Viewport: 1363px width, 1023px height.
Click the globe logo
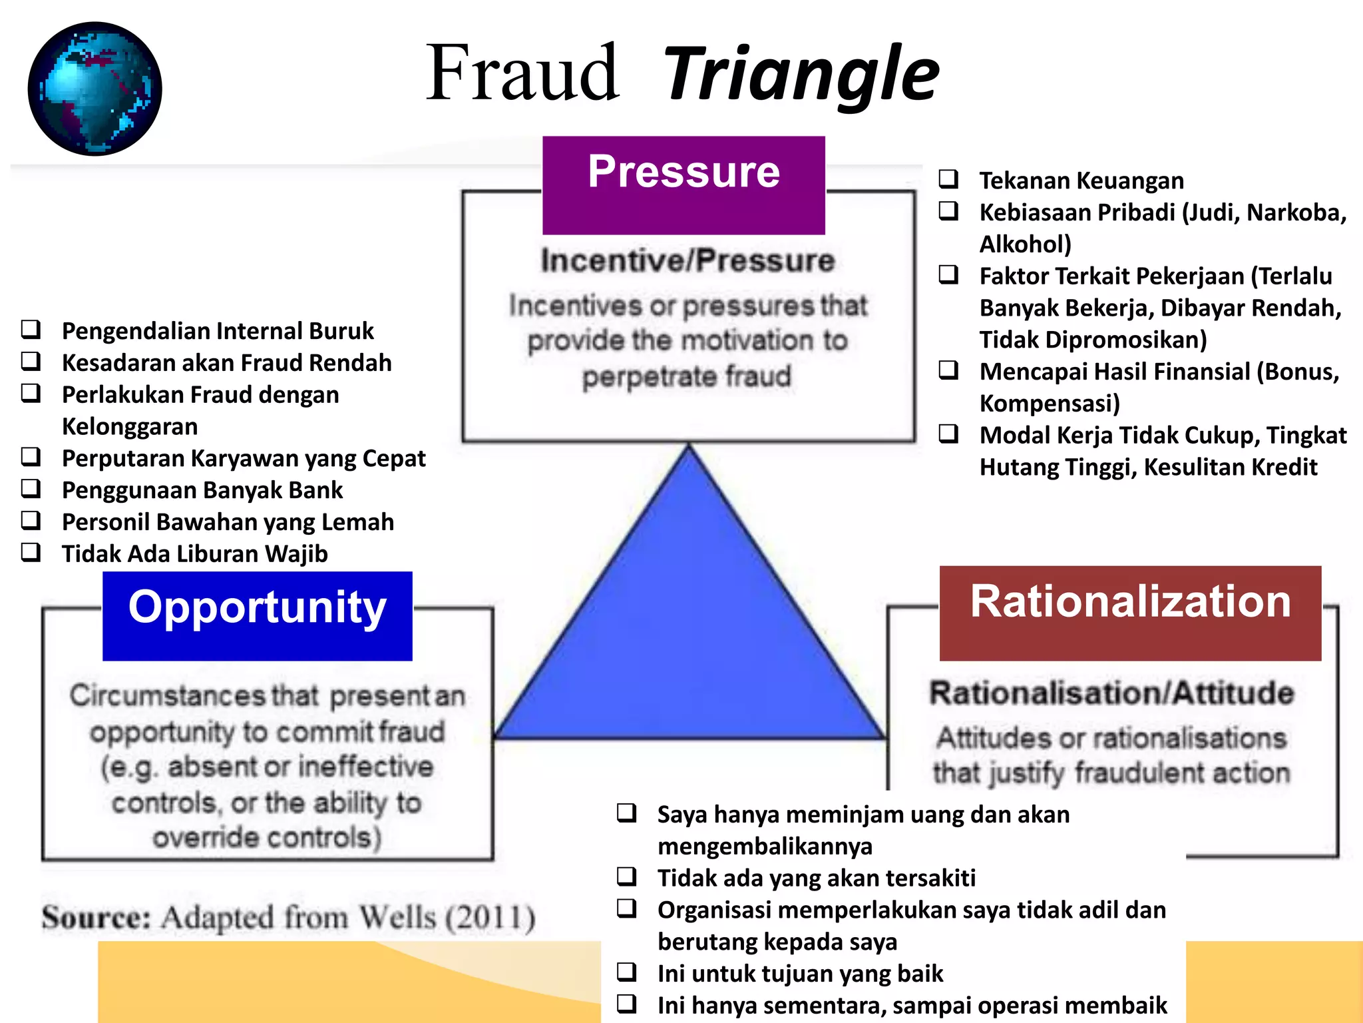[x=95, y=89]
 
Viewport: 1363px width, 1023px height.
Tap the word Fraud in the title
[x=522, y=73]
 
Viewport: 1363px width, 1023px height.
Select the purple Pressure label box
[x=683, y=184]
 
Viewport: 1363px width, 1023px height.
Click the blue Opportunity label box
[x=257, y=615]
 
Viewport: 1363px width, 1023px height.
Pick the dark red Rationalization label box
[x=1129, y=613]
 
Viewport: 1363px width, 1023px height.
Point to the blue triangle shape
[x=689, y=633]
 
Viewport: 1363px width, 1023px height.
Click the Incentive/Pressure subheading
[x=687, y=260]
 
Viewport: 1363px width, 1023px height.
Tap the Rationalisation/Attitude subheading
[x=1111, y=693]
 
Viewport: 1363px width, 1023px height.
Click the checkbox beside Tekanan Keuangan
[x=948, y=179]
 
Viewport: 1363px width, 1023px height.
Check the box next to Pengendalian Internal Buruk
[x=31, y=329]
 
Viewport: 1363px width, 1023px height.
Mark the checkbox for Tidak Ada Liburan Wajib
[x=31, y=552]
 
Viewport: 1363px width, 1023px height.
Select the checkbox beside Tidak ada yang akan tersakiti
[x=626, y=876]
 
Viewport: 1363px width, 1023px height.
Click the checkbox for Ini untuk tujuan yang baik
[x=626, y=972]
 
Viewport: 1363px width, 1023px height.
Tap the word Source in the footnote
[x=96, y=918]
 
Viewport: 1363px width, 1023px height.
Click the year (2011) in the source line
[x=490, y=918]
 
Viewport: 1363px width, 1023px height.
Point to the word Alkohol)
[x=1025, y=244]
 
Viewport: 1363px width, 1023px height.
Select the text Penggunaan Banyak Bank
[x=202, y=490]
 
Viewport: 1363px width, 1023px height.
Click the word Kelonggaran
[x=130, y=426]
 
